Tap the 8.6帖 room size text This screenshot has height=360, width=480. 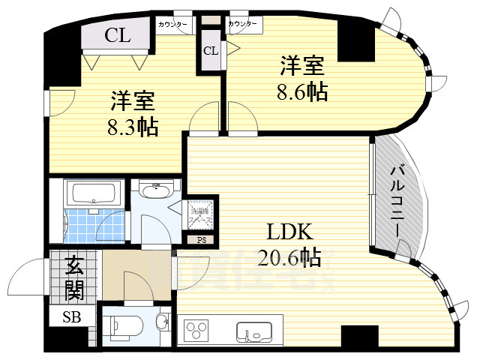click(302, 94)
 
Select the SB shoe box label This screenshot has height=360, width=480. click(72, 316)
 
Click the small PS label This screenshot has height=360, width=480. click(201, 241)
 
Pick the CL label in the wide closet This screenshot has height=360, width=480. click(117, 34)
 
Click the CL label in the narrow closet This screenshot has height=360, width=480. click(211, 51)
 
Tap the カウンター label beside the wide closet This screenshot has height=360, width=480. click(173, 25)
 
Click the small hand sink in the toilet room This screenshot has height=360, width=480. click(163, 322)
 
